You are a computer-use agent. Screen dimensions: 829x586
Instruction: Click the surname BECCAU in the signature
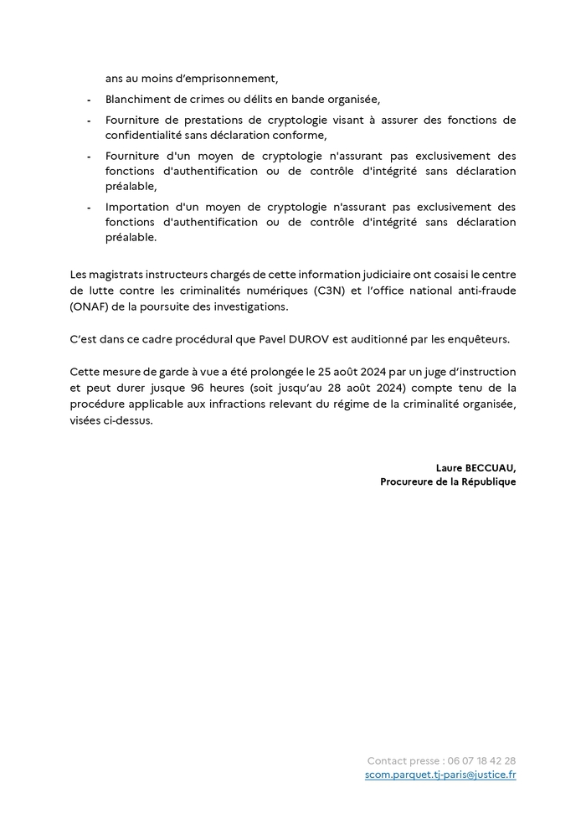492,467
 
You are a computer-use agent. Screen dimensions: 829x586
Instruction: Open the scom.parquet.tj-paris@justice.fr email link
440,775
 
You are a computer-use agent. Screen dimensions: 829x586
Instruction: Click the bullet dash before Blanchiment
89,99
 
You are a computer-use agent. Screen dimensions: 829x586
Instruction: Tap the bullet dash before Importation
89,207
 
